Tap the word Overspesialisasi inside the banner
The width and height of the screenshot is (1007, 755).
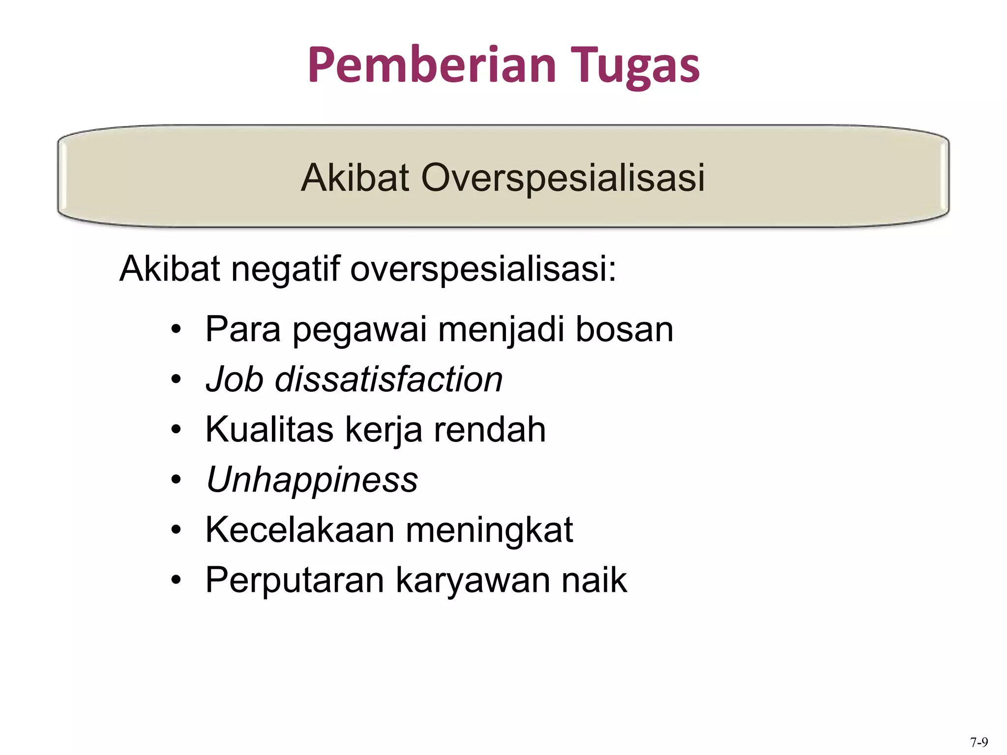click(563, 177)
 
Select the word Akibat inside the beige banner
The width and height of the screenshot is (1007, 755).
click(355, 177)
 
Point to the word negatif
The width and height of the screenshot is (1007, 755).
click(285, 269)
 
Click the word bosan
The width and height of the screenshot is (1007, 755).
click(624, 329)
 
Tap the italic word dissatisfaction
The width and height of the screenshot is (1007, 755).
click(388, 379)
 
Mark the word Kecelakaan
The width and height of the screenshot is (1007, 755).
click(300, 530)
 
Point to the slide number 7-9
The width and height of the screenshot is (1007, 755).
click(978, 742)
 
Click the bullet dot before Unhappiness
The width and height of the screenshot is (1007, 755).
click(176, 480)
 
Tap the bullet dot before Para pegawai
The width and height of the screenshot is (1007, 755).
click(176, 329)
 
